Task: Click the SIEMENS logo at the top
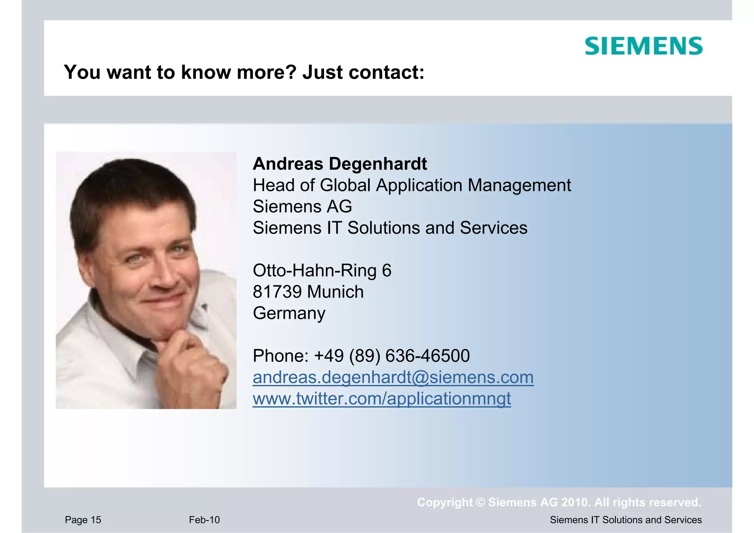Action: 644,46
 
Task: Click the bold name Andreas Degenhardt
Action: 340,164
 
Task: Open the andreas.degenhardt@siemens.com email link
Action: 393,377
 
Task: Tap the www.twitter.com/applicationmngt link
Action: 382,399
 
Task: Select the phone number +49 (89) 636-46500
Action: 392,356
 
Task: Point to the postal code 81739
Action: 277,292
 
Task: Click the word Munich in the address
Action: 335,292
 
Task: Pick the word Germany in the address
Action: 289,313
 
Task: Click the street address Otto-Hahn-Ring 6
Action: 322,271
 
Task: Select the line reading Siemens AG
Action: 302,207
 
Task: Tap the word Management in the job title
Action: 519,185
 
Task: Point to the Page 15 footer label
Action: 83,520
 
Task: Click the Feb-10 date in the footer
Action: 204,520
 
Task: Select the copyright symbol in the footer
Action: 480,502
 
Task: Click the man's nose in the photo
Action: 162,272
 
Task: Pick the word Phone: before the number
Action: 281,356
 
